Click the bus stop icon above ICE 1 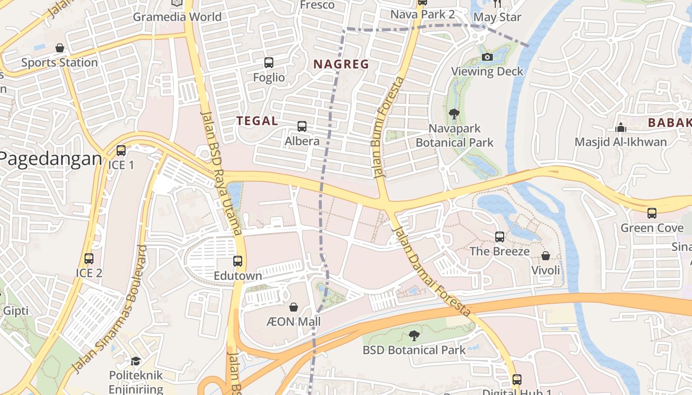pos(121,151)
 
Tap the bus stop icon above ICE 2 pos(89,258)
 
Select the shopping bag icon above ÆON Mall pos(294,307)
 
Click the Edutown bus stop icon pos(238,261)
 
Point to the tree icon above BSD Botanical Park pos(414,336)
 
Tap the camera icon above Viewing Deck pos(487,57)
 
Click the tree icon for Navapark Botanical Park pos(454,114)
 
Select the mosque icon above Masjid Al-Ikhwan pos(621,127)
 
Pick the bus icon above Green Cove pos(652,213)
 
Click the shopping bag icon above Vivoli pos(546,256)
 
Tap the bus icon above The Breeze pos(500,237)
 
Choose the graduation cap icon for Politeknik pos(135,361)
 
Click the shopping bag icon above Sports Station pos(60,48)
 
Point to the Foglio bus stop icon pos(269,63)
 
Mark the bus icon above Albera pos(302,126)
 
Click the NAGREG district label pos(341,64)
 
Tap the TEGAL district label pos(257,121)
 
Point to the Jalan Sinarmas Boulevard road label pos(110,309)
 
